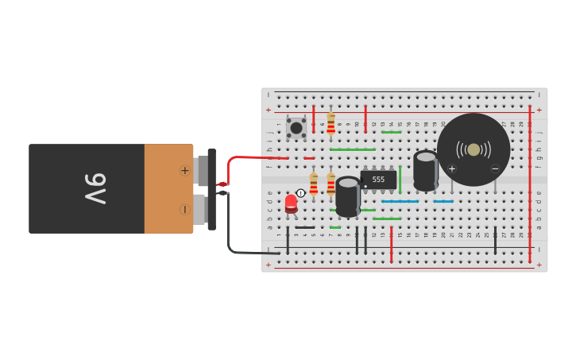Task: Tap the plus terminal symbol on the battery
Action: coord(184,170)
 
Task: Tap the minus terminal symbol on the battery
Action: coord(184,209)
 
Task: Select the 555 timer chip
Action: coord(378,180)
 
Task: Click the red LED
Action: coord(292,203)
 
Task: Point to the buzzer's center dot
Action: coord(474,149)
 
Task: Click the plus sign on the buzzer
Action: coord(452,168)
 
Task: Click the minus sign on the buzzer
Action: coord(495,168)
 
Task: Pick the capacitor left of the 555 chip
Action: coord(347,196)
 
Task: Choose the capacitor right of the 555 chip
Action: coord(426,171)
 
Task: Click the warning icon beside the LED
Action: coord(301,193)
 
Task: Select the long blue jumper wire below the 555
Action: coord(400,202)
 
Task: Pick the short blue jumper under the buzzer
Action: coord(443,202)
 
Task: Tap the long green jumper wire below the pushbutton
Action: coord(352,149)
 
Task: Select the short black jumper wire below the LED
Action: coord(305,228)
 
